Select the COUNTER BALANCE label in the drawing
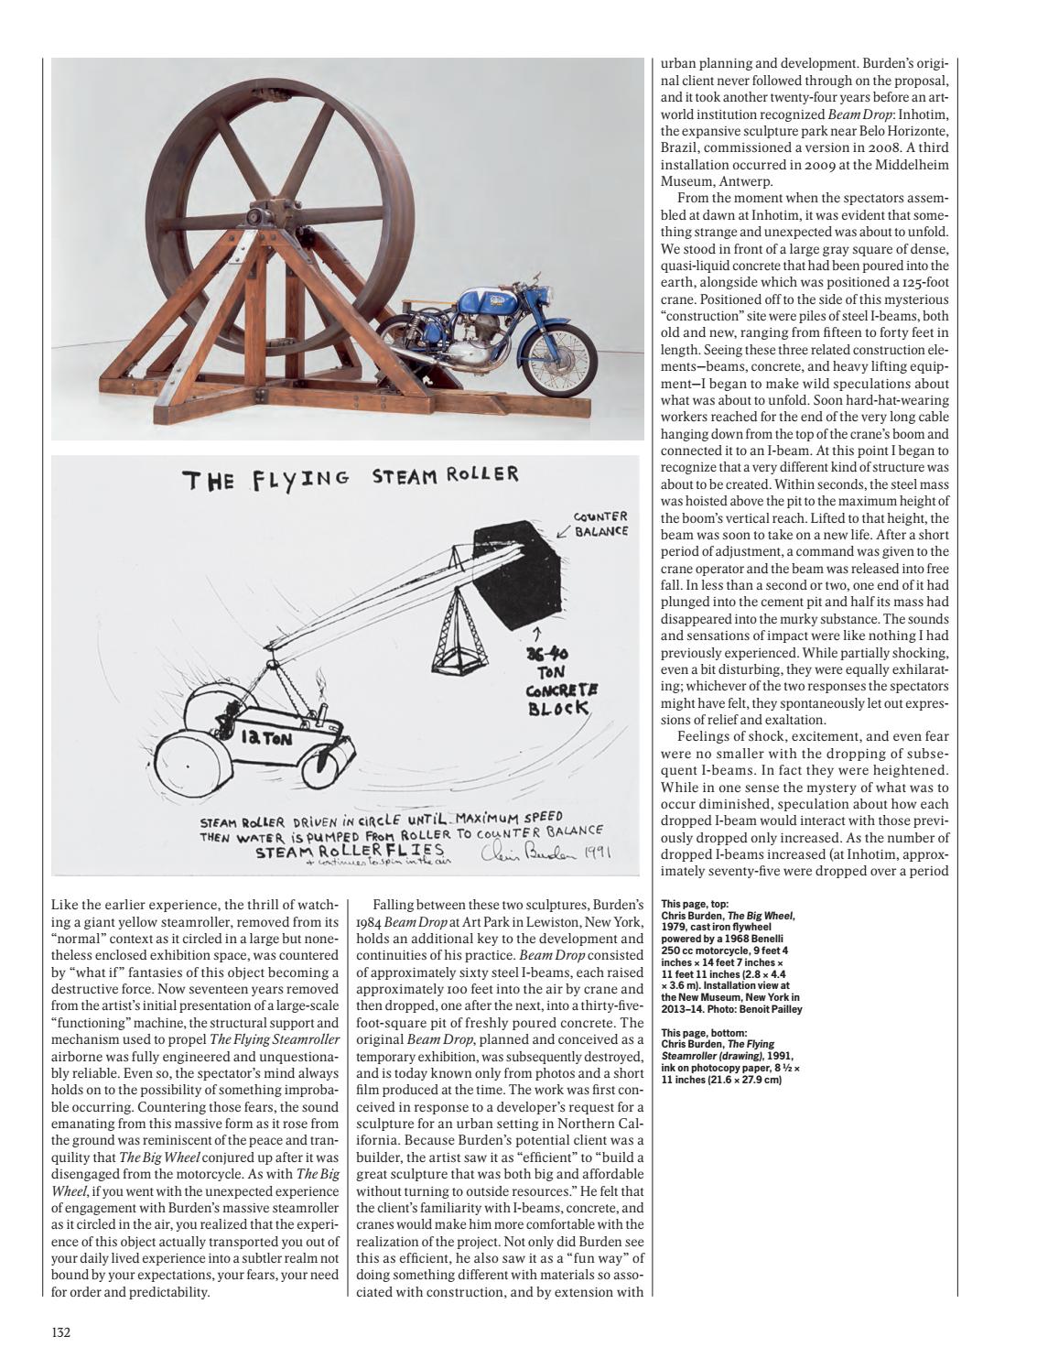point(600,524)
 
